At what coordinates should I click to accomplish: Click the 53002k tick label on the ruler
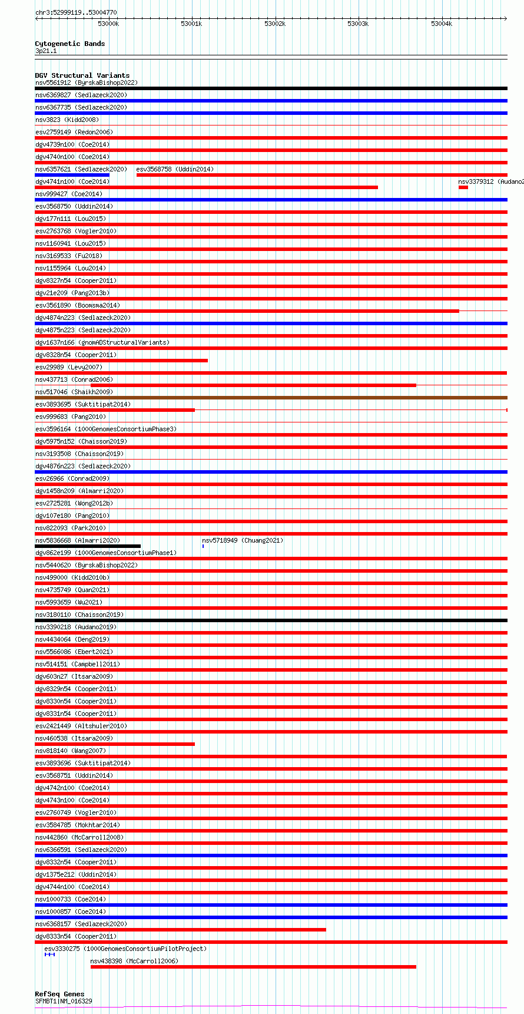point(274,24)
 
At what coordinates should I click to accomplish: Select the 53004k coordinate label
point(441,24)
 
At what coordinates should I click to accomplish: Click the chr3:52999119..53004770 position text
point(76,12)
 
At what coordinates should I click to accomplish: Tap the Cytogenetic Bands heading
point(69,44)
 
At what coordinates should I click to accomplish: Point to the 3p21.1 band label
point(46,51)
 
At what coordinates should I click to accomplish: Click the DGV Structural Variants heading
point(82,75)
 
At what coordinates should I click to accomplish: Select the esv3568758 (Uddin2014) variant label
point(175,169)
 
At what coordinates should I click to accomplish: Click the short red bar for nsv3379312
point(463,187)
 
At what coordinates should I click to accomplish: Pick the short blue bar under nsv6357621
point(72,175)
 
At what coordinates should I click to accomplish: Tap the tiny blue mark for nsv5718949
point(203,546)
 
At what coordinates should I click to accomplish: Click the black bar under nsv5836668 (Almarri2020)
point(88,546)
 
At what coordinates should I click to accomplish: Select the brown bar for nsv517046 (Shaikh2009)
point(271,398)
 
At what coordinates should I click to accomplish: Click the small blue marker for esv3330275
point(49,954)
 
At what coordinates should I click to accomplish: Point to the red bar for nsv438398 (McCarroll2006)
point(253,966)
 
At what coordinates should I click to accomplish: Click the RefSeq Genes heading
point(59,994)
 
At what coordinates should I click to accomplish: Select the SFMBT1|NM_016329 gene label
point(64,1001)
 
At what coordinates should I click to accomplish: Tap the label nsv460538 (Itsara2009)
point(74,738)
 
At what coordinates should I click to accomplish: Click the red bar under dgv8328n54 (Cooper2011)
point(121,361)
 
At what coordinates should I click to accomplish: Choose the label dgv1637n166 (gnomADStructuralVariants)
point(102,342)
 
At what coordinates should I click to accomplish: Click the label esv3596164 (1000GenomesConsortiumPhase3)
point(105,429)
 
